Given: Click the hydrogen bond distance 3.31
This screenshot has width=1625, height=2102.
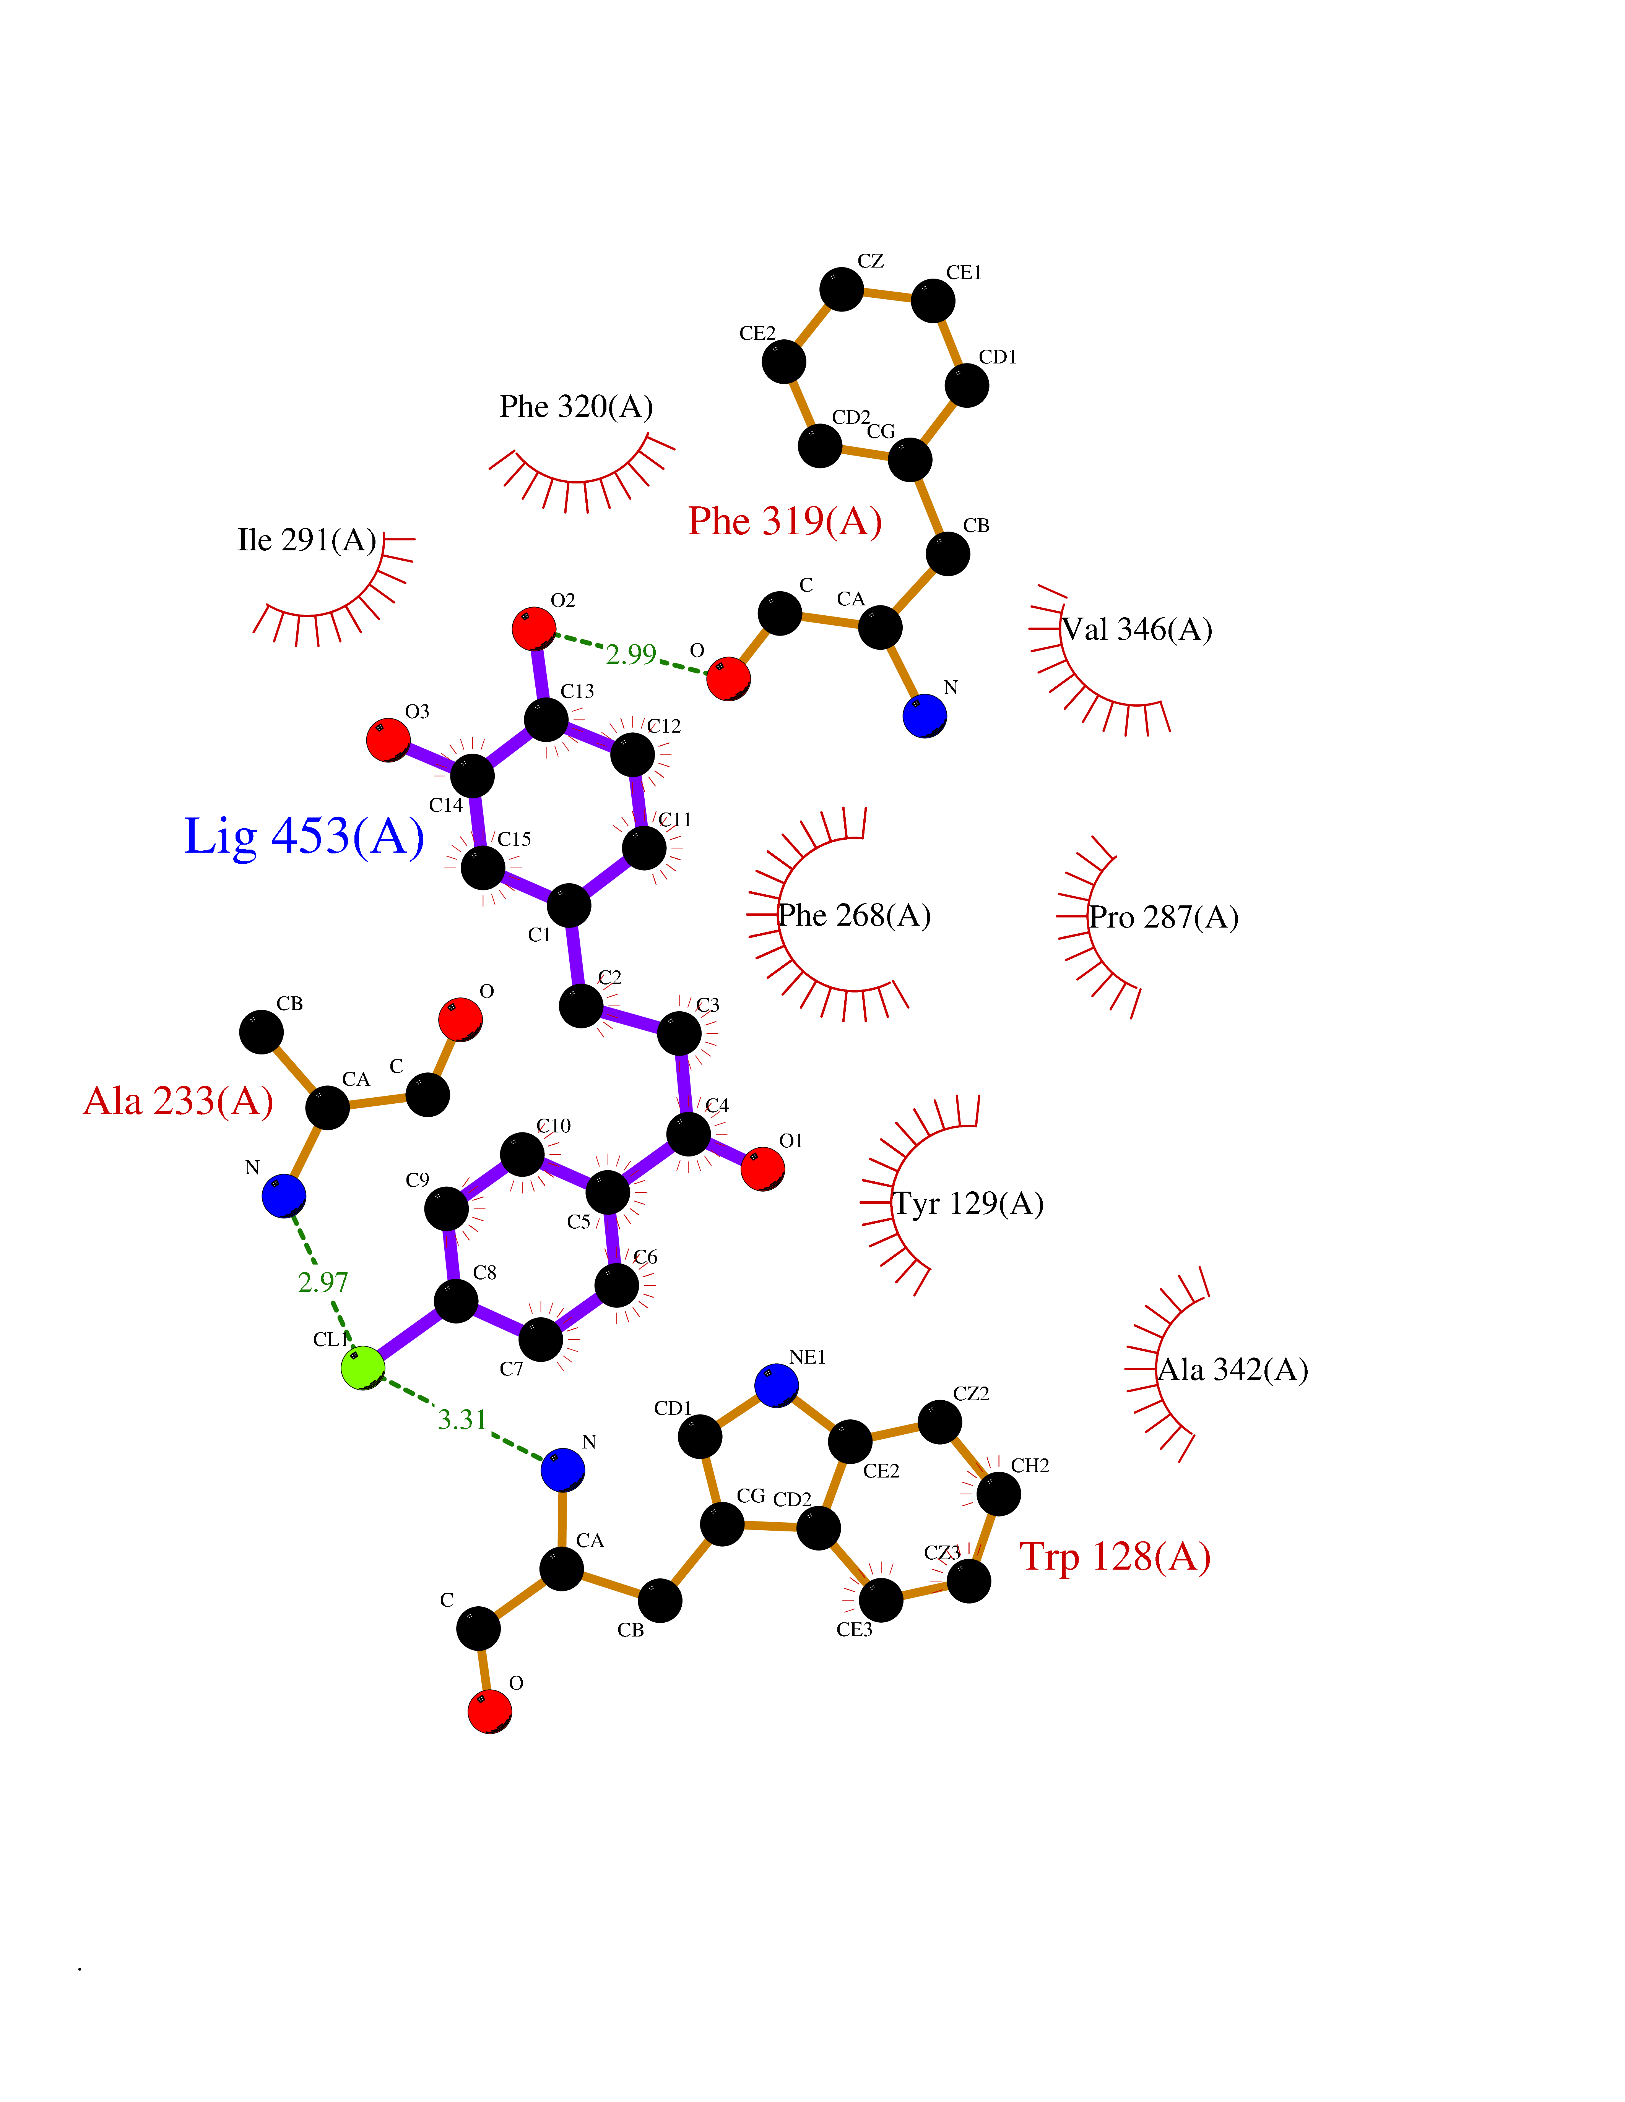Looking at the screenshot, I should click(x=462, y=1420).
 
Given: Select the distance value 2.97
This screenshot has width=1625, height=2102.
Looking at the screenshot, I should click(x=322, y=1282).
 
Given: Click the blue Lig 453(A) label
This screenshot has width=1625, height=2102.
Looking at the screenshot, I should click(x=303, y=835).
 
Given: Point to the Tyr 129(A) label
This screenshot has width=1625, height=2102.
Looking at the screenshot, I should click(x=968, y=1203).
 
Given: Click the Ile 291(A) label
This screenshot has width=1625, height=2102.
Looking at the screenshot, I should click(x=306, y=540).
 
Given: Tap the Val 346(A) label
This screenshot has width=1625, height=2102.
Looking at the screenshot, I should click(x=1137, y=629).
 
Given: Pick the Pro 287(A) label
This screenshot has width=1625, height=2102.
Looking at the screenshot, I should click(x=1163, y=917).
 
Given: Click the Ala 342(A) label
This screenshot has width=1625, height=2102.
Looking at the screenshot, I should click(x=1232, y=1370).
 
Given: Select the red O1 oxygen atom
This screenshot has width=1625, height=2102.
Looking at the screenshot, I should click(x=762, y=1168).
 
